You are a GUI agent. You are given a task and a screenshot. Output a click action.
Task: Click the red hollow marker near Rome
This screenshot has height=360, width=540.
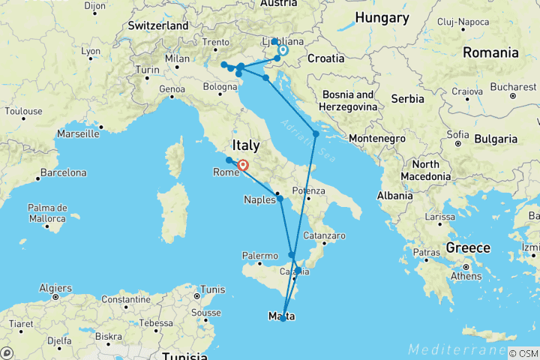coord(243,166)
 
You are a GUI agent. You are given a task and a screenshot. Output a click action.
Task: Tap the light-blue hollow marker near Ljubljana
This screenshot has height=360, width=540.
coord(283,51)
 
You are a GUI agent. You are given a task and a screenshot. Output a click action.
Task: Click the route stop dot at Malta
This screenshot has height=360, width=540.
coord(283,318)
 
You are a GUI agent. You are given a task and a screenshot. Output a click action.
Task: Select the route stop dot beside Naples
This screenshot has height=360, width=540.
coord(280,199)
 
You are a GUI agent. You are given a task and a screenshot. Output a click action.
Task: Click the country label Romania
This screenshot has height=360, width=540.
coord(491,52)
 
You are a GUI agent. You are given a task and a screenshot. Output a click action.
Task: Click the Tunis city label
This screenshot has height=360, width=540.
coord(214,289)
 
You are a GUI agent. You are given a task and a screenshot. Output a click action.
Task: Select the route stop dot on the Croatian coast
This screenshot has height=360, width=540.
coord(316,133)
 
